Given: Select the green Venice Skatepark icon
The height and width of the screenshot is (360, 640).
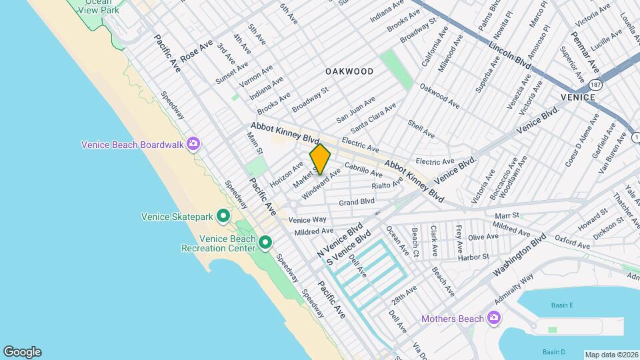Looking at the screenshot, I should tap(223, 216).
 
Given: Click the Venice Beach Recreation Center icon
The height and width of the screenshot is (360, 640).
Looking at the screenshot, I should tap(265, 242).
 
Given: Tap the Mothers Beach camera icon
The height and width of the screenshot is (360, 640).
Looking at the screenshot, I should tap(493, 318).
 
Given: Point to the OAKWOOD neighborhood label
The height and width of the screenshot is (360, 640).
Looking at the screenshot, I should tap(349, 71).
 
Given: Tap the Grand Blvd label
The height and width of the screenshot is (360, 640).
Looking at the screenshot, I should tap(357, 201).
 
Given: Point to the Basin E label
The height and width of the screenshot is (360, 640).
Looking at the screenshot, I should tap(562, 305).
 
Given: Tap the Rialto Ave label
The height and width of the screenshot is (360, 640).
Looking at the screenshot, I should tap(387, 184).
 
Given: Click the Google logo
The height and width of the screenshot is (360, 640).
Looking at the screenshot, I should tap(22, 352).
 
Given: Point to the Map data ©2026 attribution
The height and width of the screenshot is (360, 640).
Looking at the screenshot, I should tap(611, 355).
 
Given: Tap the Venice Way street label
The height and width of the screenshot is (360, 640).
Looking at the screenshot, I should tap(307, 219).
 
